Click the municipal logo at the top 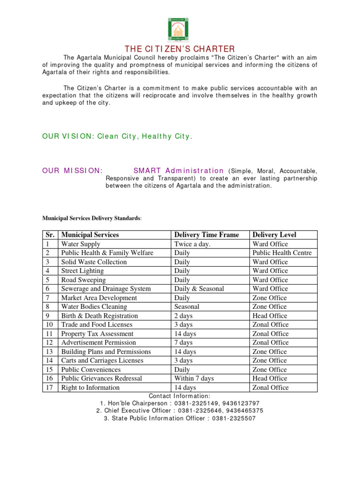pyautogui.click(x=180, y=29)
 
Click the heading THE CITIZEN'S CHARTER pyautogui.click(x=180, y=49)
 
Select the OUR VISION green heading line pyautogui.click(x=117, y=136)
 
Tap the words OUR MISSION pyautogui.click(x=72, y=171)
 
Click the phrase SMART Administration pyautogui.click(x=178, y=171)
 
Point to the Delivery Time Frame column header pyautogui.click(x=206, y=235)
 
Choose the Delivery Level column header pyautogui.click(x=274, y=235)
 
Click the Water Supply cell pyautogui.click(x=81, y=244)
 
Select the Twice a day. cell pyautogui.click(x=192, y=244)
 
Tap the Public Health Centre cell pyautogui.click(x=282, y=253)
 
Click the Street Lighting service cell pyautogui.click(x=82, y=271)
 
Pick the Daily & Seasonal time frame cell pyautogui.click(x=199, y=289)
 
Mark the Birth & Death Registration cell pyautogui.click(x=99, y=316)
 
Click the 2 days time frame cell pyautogui.click(x=183, y=316)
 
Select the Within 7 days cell pyautogui.click(x=194, y=378)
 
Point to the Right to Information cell pyautogui.click(x=90, y=388)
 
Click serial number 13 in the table pyautogui.click(x=49, y=352)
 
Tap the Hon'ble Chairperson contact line pyautogui.click(x=180, y=403)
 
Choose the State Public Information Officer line pyautogui.click(x=180, y=418)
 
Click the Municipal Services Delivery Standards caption pyautogui.click(x=92, y=218)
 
